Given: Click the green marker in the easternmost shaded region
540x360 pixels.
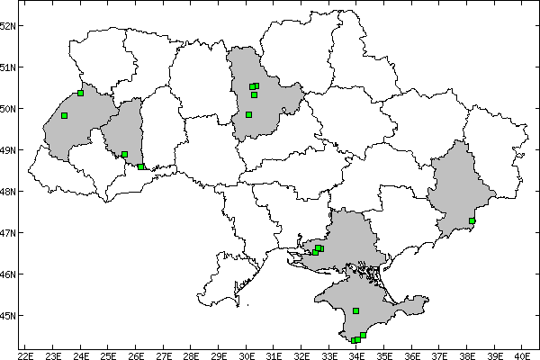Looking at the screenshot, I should click(x=472, y=220).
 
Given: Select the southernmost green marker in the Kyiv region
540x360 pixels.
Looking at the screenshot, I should click(x=248, y=114).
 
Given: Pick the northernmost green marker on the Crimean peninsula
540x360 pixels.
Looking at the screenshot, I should click(x=356, y=310).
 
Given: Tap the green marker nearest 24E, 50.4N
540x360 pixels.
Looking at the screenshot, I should click(x=81, y=93).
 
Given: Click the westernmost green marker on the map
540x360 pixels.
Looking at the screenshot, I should click(x=65, y=115).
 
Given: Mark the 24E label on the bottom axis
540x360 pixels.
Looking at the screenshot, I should click(x=81, y=354).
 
